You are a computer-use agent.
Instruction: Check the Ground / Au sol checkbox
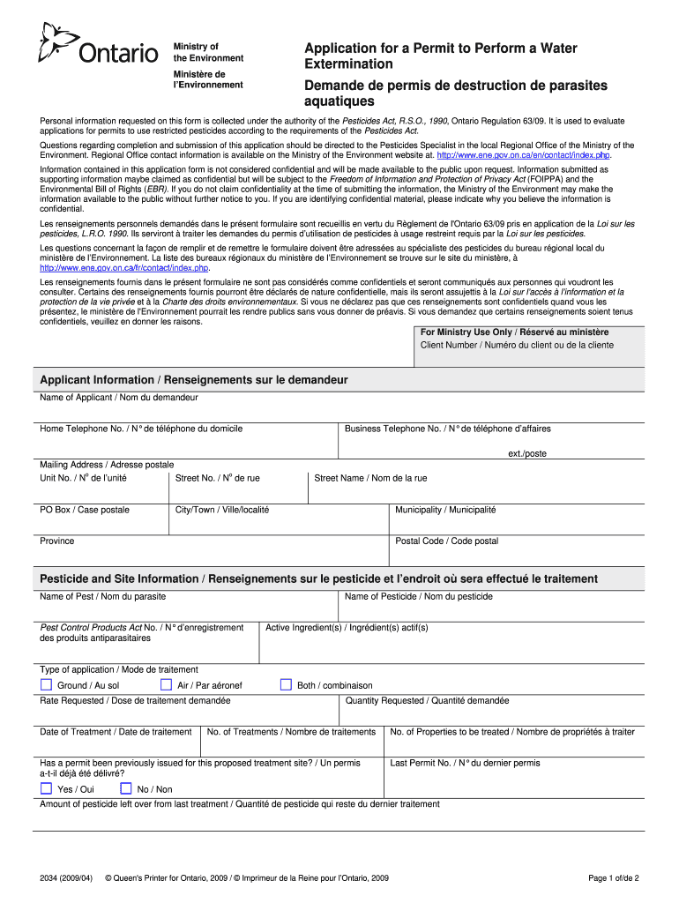coord(47,684)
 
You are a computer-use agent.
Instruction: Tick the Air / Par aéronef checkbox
coord(166,684)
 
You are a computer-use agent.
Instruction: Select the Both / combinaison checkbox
coord(286,684)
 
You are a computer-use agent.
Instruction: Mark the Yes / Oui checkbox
coord(47,789)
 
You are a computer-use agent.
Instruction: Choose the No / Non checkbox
coord(126,789)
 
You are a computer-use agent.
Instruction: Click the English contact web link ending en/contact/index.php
coord(518,155)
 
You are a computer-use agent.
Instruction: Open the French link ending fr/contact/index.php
coord(123,267)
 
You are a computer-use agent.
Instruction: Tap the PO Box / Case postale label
coord(85,510)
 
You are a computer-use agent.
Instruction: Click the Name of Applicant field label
coord(119,398)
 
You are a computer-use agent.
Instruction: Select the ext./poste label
coord(527,453)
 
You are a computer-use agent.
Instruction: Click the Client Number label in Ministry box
coord(517,345)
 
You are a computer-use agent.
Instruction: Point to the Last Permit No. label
coord(465,763)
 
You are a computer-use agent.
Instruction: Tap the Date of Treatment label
coord(116,732)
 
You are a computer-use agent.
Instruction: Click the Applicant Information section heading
coord(194,380)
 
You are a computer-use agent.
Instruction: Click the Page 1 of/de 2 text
coord(613,878)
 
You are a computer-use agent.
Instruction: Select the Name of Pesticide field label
coord(419,597)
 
